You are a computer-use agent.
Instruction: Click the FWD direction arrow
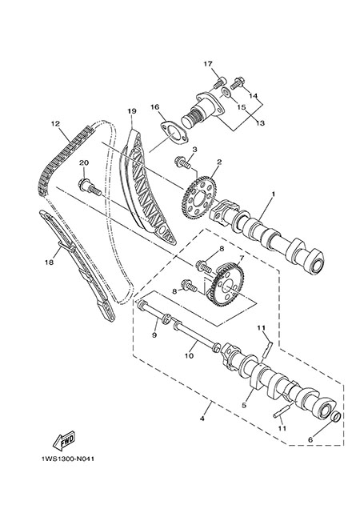(64, 440)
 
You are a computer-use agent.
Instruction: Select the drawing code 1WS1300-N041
(68, 459)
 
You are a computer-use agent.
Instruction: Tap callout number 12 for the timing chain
(55, 124)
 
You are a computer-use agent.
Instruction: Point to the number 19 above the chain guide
(131, 111)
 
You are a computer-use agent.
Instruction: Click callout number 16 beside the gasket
(155, 106)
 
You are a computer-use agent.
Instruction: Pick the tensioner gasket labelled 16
(175, 134)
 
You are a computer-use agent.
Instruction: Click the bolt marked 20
(90, 187)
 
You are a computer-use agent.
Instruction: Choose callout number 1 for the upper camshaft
(273, 194)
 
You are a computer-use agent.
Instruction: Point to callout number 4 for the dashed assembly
(202, 419)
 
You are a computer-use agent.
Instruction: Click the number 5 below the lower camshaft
(244, 405)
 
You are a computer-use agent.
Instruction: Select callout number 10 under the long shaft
(189, 356)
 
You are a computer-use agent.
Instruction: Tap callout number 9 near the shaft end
(154, 335)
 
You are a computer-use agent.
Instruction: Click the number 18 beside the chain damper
(49, 262)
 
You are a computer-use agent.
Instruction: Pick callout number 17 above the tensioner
(208, 64)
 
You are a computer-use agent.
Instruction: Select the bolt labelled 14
(238, 82)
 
